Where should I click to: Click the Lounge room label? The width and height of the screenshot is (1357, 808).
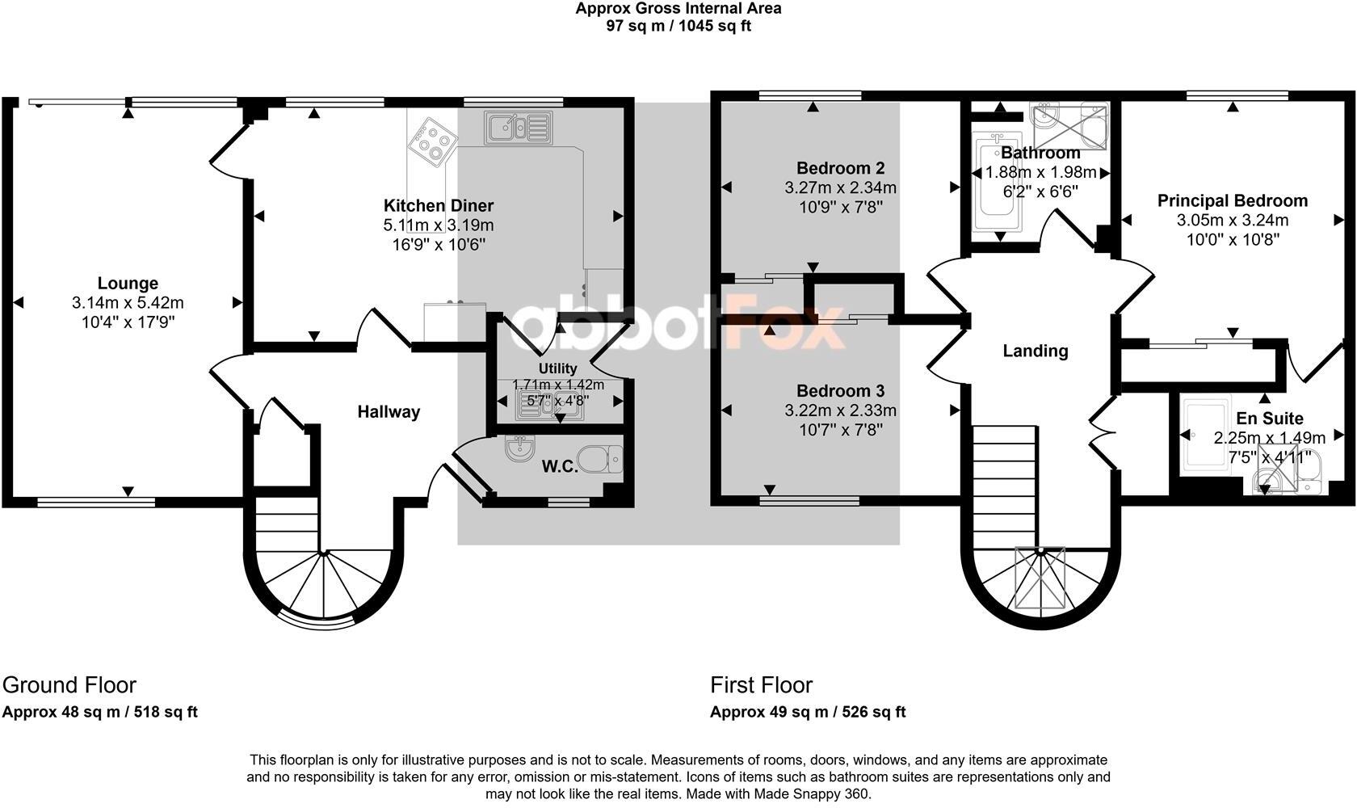(x=128, y=284)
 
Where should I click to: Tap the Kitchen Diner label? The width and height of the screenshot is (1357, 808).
(x=438, y=206)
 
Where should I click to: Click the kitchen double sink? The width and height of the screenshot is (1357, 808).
(x=517, y=128)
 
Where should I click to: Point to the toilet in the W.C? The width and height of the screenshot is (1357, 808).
(x=603, y=458)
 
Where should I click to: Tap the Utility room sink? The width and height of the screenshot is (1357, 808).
(x=548, y=405)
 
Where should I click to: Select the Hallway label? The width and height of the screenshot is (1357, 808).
(x=389, y=412)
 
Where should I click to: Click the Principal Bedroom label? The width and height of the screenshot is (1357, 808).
(x=1232, y=201)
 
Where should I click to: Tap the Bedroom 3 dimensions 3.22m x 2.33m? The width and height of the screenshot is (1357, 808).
(x=840, y=411)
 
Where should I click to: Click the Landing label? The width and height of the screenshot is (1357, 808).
(x=1035, y=351)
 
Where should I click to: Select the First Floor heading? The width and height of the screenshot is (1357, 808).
(x=761, y=685)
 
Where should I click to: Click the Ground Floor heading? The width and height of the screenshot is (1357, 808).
(x=69, y=685)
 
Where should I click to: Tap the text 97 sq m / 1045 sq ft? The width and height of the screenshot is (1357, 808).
(x=678, y=26)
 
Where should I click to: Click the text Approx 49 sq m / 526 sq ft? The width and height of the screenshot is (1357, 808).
(x=807, y=712)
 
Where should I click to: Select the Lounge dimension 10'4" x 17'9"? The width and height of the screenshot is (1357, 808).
(x=128, y=322)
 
